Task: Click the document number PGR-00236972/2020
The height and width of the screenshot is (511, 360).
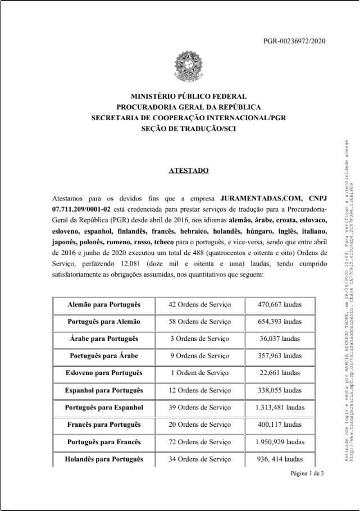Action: [294, 41]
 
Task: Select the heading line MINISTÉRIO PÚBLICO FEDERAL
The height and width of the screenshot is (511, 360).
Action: [188, 97]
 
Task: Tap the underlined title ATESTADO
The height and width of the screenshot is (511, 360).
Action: [189, 170]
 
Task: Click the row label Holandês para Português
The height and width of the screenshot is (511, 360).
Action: [104, 460]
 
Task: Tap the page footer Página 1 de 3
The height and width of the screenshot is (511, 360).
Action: [307, 473]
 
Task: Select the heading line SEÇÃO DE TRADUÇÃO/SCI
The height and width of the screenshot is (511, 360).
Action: [188, 129]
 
